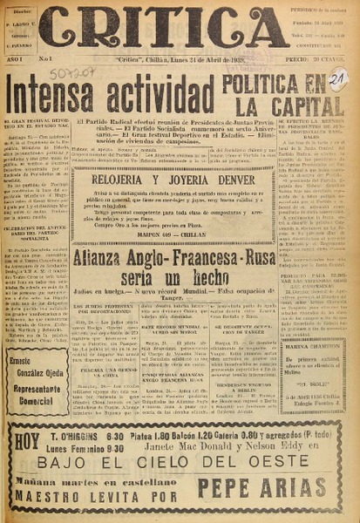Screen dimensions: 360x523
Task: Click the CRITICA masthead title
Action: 164,28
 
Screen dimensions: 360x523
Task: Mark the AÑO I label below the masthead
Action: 17,59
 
